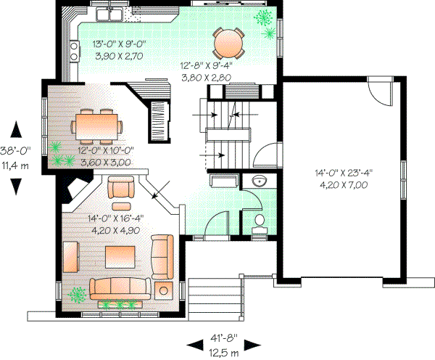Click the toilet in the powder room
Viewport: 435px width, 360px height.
[259, 223]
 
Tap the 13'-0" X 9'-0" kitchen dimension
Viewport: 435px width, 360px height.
[119, 45]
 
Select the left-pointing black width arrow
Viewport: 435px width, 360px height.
[193, 343]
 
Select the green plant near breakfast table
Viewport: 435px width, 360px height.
[261, 18]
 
